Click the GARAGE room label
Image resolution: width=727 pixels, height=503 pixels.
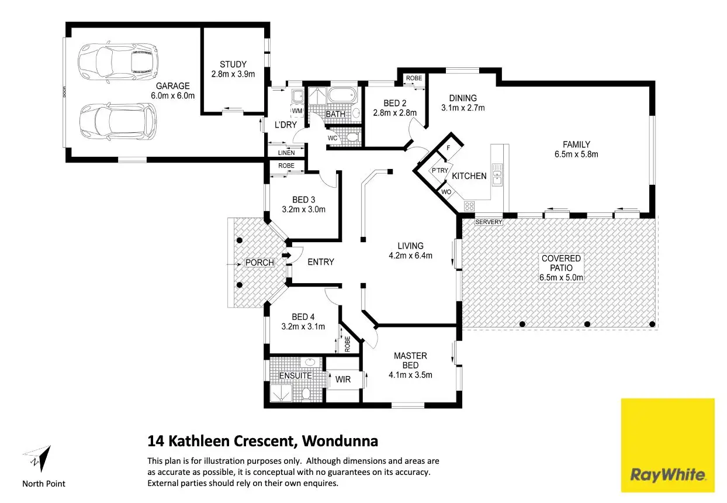pyautogui.click(x=172, y=86)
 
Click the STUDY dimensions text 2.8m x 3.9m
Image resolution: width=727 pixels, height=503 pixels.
pyautogui.click(x=233, y=74)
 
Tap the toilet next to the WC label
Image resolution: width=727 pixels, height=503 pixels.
pyautogui.click(x=352, y=137)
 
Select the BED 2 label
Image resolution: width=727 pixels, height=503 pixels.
pyautogui.click(x=395, y=104)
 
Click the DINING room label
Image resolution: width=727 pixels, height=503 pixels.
pyautogui.click(x=462, y=98)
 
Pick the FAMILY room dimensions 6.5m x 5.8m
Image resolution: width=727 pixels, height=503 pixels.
pyautogui.click(x=576, y=154)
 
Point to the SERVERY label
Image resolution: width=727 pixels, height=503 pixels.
pyautogui.click(x=489, y=222)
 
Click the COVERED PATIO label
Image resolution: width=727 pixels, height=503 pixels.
pyautogui.click(x=561, y=258)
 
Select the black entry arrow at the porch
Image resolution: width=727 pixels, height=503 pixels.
pyautogui.click(x=286, y=256)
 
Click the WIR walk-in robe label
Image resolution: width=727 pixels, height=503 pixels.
pyautogui.click(x=342, y=380)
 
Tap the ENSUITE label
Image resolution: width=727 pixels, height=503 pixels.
pyautogui.click(x=295, y=375)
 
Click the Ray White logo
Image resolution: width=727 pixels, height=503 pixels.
pyautogui.click(x=667, y=445)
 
